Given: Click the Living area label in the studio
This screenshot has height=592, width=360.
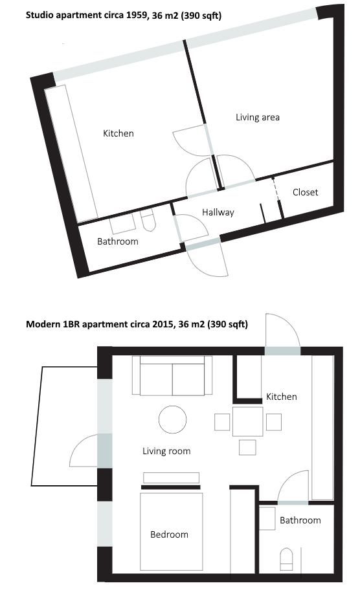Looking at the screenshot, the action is click(x=258, y=117).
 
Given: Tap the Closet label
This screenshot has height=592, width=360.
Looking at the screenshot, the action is click(x=305, y=192).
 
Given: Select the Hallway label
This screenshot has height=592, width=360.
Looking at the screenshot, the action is click(x=218, y=212).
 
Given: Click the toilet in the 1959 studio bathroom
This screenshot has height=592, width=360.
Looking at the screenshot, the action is click(x=148, y=221).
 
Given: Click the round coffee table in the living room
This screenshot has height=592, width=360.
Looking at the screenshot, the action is click(x=173, y=419).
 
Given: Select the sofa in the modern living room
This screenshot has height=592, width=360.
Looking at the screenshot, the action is click(x=172, y=376).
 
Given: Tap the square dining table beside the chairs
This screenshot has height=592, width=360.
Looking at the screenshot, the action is click(x=248, y=422).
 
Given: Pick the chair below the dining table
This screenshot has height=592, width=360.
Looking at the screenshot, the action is click(x=247, y=448).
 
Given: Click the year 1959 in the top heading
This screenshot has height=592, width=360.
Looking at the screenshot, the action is click(x=137, y=16).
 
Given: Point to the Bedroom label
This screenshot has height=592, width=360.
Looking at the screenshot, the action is click(x=169, y=534).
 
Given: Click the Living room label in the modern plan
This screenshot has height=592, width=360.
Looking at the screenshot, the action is click(x=166, y=451).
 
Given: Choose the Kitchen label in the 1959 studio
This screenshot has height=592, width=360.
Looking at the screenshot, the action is click(x=118, y=133).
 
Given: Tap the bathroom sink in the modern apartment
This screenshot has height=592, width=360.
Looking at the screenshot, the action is click(x=267, y=518).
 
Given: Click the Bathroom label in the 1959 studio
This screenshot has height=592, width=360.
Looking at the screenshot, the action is click(x=118, y=241).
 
